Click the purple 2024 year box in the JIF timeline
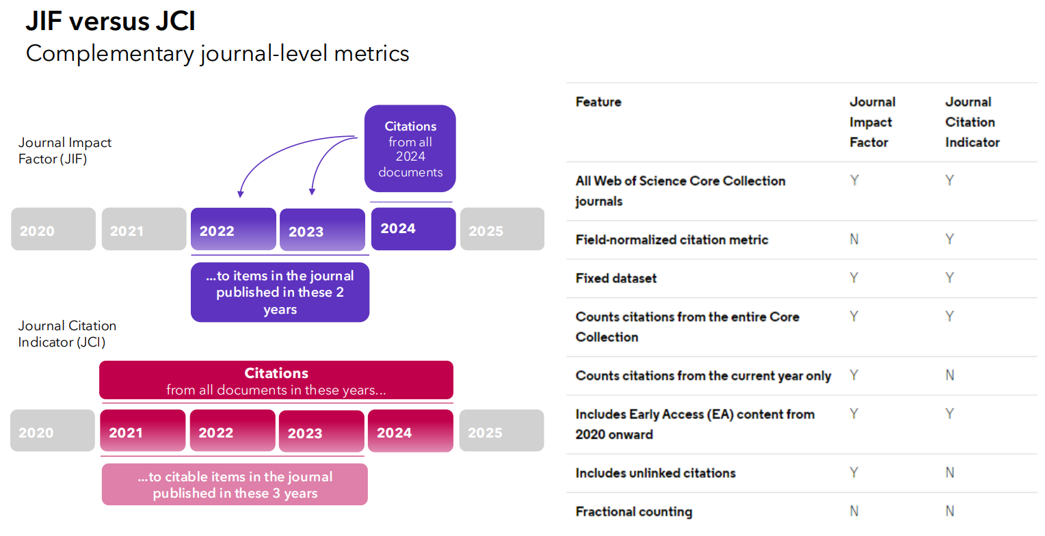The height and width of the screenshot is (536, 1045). tap(413, 228)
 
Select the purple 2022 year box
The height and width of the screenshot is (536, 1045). tap(233, 229)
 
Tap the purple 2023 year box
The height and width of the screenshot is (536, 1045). tap(322, 230)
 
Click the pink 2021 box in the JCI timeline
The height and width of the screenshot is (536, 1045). tap(143, 431)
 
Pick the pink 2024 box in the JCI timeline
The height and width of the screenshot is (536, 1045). tap(410, 431)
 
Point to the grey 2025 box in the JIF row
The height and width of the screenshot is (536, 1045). tap(503, 229)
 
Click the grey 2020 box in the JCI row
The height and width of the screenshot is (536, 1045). tap(53, 431)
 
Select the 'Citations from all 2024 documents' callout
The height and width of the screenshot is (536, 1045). tap(410, 148)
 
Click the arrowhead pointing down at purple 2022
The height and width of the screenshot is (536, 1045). tap(240, 194)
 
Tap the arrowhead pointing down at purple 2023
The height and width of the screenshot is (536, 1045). tap(312, 191)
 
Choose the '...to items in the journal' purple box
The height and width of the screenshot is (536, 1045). tap(280, 293)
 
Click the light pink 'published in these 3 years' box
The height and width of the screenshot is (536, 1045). tap(235, 485)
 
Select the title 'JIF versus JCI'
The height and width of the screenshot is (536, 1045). tap(111, 21)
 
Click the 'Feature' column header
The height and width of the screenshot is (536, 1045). tap(598, 102)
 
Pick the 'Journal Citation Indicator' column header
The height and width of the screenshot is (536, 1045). tap(973, 122)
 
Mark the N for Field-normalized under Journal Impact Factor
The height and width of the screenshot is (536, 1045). tap(854, 239)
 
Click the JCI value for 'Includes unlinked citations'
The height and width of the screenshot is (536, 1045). tap(950, 472)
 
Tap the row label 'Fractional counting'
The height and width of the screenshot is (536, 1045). tap(634, 512)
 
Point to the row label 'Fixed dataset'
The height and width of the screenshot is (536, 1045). tap(616, 278)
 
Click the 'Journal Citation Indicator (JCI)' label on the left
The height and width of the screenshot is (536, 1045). tap(67, 334)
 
